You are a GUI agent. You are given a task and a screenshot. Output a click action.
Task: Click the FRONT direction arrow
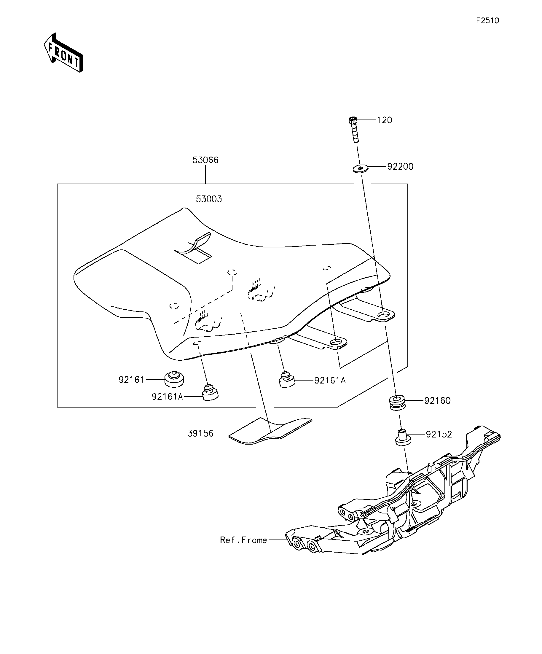coord(63,52)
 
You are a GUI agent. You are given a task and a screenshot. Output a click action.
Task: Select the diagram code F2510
coord(487,20)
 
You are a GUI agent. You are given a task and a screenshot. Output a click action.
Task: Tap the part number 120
coord(385,120)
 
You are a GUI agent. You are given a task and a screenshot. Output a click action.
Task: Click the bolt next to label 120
coord(354,129)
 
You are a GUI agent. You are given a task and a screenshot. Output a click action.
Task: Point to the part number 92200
coord(400,167)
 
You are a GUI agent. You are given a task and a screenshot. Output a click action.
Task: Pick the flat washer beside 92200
coord(361,168)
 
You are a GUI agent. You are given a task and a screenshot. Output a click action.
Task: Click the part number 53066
coord(205,160)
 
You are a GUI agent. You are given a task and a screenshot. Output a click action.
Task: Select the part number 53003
coord(209,199)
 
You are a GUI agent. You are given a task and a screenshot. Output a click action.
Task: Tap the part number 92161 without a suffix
coord(131,380)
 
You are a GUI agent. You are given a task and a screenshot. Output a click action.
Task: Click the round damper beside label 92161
coord(174,379)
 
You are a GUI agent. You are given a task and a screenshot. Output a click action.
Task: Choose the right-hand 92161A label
coord(330,380)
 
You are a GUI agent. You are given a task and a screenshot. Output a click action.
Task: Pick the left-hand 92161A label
coord(168,397)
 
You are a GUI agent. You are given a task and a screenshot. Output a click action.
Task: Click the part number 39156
coord(200,433)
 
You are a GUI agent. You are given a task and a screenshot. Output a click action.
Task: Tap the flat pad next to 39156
coord(270,431)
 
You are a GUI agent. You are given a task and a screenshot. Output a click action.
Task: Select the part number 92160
coord(437,400)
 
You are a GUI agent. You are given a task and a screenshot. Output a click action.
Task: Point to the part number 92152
coord(439,434)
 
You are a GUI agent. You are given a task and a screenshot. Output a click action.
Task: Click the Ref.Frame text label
coord(243,540)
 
